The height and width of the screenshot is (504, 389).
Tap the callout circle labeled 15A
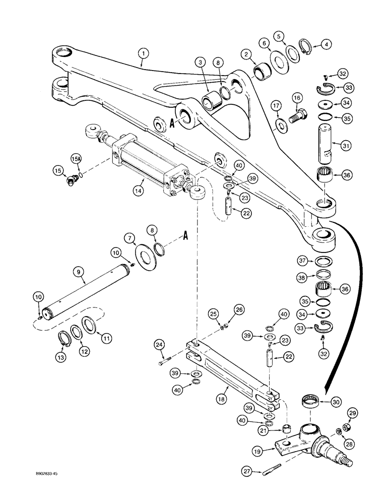click(x=76, y=160)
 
